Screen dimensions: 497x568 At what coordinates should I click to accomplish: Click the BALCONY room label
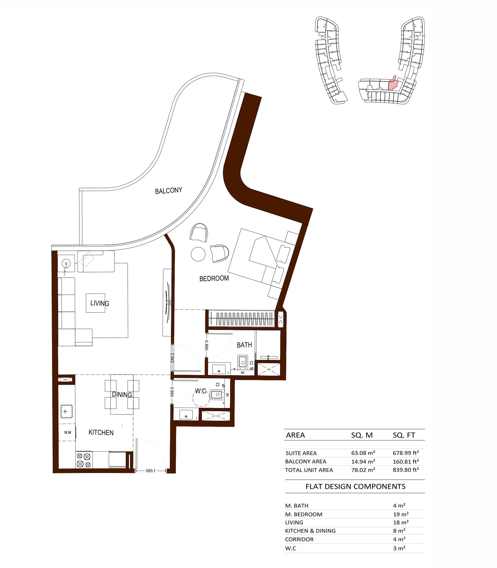click(169, 191)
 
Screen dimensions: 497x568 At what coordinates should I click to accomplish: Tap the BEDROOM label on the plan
click(214, 278)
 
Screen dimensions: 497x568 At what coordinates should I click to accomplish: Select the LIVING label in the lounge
click(100, 303)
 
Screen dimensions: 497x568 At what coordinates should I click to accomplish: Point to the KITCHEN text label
click(101, 433)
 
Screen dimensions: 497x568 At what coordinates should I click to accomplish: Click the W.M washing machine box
click(67, 432)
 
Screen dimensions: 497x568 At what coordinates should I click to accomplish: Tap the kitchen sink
click(67, 411)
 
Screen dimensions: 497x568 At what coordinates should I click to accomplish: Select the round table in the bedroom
click(198, 254)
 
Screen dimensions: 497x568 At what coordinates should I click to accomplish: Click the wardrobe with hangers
click(241, 319)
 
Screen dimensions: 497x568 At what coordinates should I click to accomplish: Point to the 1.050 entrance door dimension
click(151, 471)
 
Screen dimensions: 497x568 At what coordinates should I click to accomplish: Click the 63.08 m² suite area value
click(363, 453)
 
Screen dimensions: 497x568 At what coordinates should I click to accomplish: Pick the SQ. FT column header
click(404, 435)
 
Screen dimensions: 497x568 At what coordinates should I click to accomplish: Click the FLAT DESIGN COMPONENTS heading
click(355, 487)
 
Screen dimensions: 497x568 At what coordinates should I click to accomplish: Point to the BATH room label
click(244, 345)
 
